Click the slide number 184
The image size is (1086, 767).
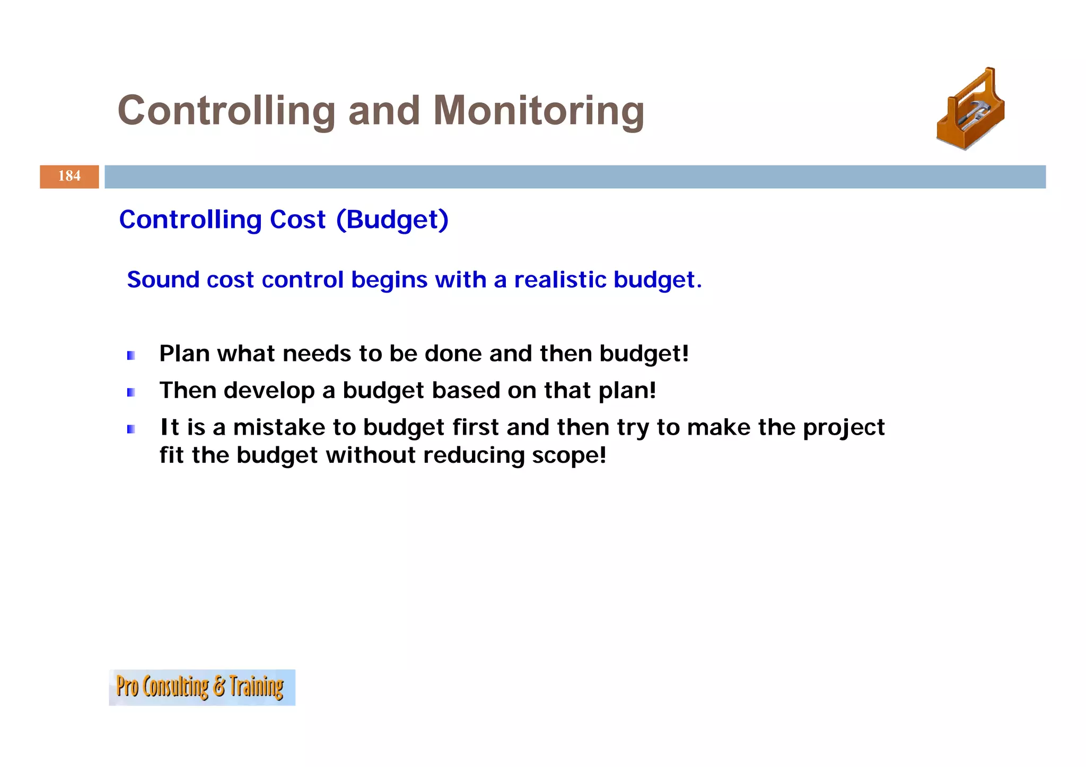(x=69, y=176)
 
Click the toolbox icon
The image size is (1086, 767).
(x=970, y=110)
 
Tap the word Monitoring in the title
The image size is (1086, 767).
(x=538, y=111)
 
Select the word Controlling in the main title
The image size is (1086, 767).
(x=226, y=111)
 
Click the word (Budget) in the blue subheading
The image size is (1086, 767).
(x=392, y=220)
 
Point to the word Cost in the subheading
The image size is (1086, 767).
(x=297, y=220)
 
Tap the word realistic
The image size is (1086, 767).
(x=559, y=280)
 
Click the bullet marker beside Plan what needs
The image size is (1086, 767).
(x=131, y=356)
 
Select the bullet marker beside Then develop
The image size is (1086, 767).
(x=131, y=392)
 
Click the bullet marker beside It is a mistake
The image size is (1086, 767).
(x=131, y=429)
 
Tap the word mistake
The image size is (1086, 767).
(x=279, y=427)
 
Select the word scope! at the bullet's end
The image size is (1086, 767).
(x=568, y=456)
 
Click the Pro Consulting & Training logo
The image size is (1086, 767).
(x=202, y=687)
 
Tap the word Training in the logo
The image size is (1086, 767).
(x=256, y=687)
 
